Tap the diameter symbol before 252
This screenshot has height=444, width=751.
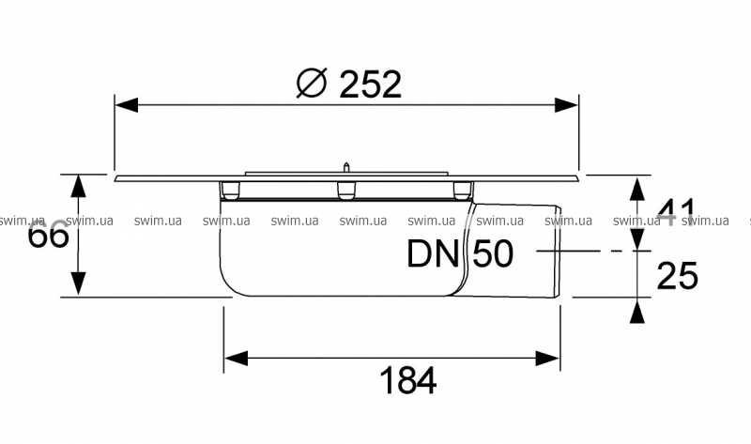point(311,84)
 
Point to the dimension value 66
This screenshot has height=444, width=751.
point(48,236)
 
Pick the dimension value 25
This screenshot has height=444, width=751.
point(676,275)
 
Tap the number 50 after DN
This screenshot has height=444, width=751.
point(495,253)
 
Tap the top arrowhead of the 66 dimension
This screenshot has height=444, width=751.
point(80,185)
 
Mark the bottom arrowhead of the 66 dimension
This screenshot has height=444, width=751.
point(80,285)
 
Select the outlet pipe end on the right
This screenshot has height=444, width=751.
point(559,252)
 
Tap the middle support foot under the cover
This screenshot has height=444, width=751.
point(346,191)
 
